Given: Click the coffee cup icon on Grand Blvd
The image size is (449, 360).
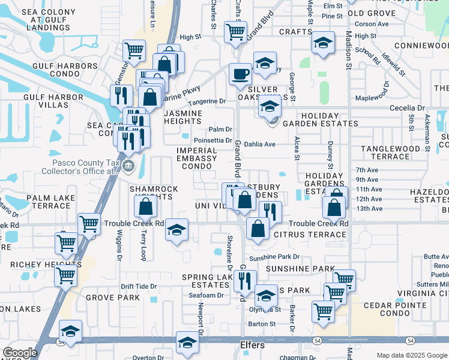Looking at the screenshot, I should (241, 74).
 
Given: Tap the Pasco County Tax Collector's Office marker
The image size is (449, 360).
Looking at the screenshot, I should (128, 166).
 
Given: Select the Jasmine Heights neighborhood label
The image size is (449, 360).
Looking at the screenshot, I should (191, 117).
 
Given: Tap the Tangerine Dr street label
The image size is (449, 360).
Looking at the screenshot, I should (206, 101).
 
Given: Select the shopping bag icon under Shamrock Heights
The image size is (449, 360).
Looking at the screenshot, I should (146, 208).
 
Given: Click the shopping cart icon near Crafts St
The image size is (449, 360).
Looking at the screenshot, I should (236, 31).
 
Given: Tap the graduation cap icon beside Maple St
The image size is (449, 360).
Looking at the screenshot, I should (323, 43).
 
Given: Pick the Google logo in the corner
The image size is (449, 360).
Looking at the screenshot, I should (20, 353).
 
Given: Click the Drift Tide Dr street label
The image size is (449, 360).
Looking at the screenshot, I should (138, 287).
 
